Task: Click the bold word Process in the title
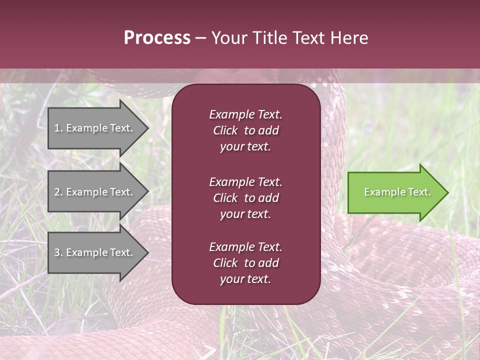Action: click(157, 38)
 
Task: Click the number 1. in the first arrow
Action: click(58, 128)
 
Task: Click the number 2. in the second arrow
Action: click(58, 192)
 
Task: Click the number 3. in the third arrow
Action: click(58, 252)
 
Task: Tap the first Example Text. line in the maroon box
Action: click(245, 114)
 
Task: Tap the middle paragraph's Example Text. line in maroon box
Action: click(245, 181)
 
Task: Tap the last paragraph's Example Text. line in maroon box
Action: click(245, 246)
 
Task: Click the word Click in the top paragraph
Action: click(225, 130)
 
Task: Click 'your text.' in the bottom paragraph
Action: click(245, 279)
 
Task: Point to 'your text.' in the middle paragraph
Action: click(245, 214)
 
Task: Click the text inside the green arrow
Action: click(397, 192)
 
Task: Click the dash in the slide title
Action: click(200, 38)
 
